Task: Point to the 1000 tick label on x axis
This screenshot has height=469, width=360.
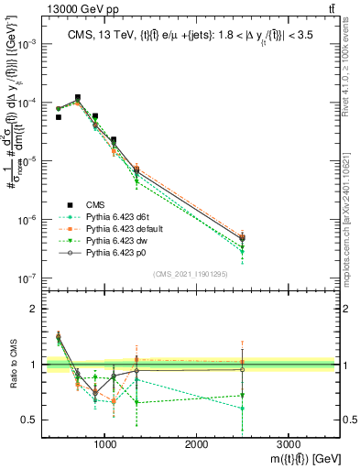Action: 105,442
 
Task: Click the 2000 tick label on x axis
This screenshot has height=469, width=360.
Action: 197,442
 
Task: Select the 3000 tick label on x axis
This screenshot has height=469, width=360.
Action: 289,442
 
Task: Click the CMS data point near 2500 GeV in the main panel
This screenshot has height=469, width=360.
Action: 242,238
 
